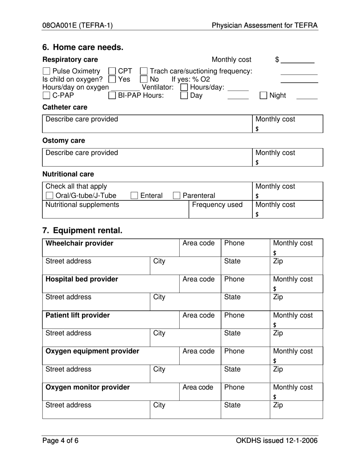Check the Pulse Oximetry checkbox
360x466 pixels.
pyautogui.click(x=46, y=71)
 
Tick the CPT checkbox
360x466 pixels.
pyautogui.click(x=112, y=71)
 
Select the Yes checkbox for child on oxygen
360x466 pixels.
pyautogui.click(x=112, y=80)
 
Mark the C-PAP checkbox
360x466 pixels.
pyautogui.click(x=46, y=95)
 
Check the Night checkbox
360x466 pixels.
pyautogui.click(x=263, y=95)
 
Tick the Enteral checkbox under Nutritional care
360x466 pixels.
pyautogui.click(x=134, y=195)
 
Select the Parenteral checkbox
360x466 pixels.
pyautogui.click(x=177, y=195)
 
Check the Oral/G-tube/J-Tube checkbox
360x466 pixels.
pyautogui.click(x=49, y=195)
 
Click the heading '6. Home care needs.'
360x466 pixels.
pyautogui.click(x=83, y=47)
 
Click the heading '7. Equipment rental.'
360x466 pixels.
pyautogui.click(x=82, y=230)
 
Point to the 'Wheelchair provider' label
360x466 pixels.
pyautogui.click(x=79, y=243)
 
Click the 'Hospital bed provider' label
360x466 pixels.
pyautogui.click(x=81, y=279)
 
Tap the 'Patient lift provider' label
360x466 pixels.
pyautogui.click(x=78, y=315)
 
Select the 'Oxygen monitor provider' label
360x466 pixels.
pyautogui.click(x=88, y=387)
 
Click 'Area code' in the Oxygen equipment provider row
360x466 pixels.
pyautogui.click(x=198, y=351)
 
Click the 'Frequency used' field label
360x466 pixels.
pyautogui.click(x=217, y=205)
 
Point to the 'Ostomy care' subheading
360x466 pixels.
pyautogui.click(x=64, y=141)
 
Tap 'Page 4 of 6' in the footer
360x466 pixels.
pyautogui.click(x=60, y=440)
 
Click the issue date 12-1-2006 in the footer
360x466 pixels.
pyautogui.click(x=299, y=440)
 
